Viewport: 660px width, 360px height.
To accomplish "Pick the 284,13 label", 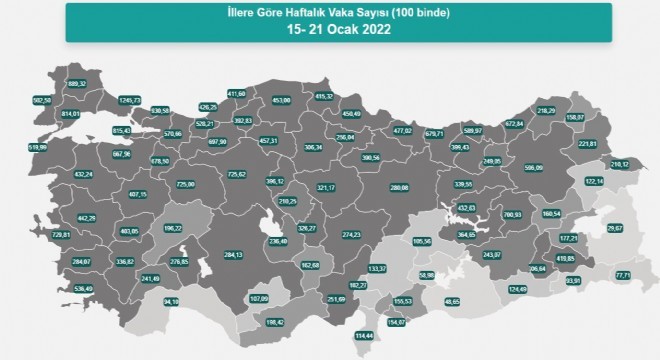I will coord(232,254).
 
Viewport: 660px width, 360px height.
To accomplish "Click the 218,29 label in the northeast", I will coord(546,111).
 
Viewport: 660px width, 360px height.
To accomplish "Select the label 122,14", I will coord(594,181).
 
